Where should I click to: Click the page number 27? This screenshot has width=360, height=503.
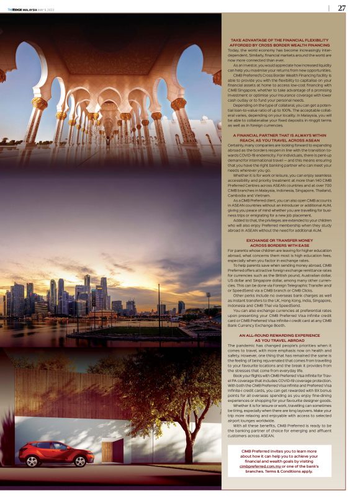point(341,8)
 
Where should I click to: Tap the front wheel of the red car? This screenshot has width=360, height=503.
point(83,461)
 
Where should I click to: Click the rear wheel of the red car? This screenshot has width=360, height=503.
point(30,461)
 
